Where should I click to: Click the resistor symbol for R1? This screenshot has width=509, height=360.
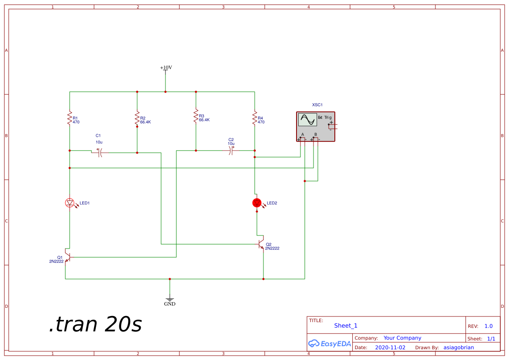coord(69,118)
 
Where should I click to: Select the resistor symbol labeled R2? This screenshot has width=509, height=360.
coord(137,118)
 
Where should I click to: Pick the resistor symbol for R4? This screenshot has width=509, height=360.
coord(255,118)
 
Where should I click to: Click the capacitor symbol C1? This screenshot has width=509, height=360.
coord(99,152)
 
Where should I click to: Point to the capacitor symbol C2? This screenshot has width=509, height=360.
coord(232,151)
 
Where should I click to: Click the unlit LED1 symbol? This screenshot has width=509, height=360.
coord(69,202)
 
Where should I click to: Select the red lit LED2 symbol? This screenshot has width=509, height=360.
coord(257,202)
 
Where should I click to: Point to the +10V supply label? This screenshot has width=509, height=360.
coord(166,67)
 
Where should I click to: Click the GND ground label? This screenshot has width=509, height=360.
coord(170,304)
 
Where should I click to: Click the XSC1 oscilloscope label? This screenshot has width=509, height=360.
coord(317,105)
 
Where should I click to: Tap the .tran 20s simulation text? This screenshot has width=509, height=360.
coord(95,324)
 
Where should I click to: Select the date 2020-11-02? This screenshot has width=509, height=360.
coord(390,347)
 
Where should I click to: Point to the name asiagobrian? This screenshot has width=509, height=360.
coord(458,347)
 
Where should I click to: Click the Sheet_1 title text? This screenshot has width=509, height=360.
coord(346,326)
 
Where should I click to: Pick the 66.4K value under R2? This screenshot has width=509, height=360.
coord(145,122)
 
